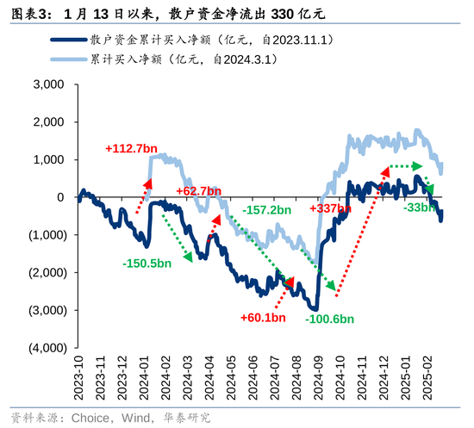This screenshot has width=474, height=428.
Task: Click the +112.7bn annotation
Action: [131, 147]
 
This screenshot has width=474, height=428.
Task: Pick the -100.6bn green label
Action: [329, 319]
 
